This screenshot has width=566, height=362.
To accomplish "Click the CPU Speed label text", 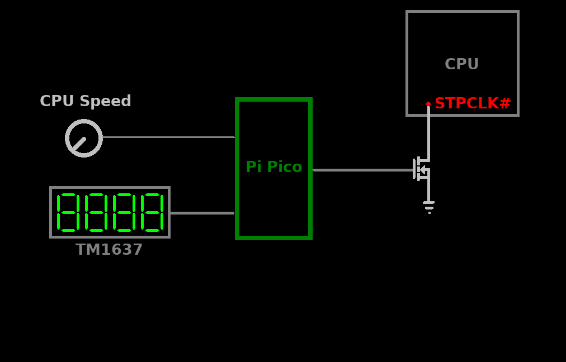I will [x=85, y=101].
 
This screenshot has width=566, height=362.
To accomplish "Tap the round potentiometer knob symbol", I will [x=84, y=138].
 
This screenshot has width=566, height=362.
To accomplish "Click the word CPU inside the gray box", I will [x=461, y=64].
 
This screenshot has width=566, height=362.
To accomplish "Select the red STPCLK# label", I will [x=473, y=103].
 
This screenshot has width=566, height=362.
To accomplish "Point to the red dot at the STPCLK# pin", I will [x=428, y=104].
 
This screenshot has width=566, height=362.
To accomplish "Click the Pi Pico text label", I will [x=273, y=167].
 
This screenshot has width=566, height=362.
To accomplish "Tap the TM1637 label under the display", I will [x=109, y=250].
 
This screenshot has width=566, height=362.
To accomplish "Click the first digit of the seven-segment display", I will [x=67, y=212].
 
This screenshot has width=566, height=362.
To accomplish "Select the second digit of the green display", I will [x=96, y=212].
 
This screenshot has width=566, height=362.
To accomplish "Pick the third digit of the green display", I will [x=124, y=212].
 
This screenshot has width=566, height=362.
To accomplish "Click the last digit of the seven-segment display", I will [x=152, y=212].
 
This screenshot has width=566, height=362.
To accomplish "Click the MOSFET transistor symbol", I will [x=422, y=169].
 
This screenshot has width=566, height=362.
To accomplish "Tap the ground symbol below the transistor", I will [x=429, y=206].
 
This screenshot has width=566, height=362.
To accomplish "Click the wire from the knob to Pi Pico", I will [x=168, y=137].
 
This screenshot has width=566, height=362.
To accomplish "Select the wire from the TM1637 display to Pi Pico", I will [x=202, y=213].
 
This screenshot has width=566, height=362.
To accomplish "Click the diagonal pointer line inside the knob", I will [x=79, y=144].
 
